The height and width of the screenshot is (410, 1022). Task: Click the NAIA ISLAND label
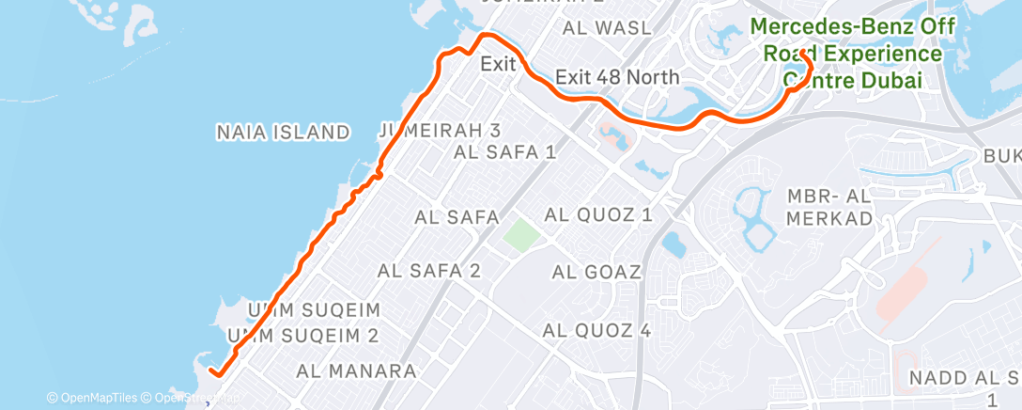tap(283, 133)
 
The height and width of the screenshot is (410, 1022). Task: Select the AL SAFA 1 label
tap(504, 151)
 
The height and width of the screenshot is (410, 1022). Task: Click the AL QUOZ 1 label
tap(602, 215)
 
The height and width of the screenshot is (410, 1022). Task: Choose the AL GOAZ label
tap(596, 273)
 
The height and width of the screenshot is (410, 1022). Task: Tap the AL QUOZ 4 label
tap(596, 331)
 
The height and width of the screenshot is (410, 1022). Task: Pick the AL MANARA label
tap(356, 371)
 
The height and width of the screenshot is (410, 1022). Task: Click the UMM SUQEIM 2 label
tap(302, 336)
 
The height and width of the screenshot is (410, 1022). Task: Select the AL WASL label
tap(607, 28)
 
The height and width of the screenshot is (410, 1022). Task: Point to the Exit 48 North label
tap(617, 77)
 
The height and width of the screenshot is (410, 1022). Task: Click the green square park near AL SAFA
tap(518, 234)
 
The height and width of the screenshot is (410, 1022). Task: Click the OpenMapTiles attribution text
tap(91, 399)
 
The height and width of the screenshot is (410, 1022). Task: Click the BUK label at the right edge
tap(1001, 155)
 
